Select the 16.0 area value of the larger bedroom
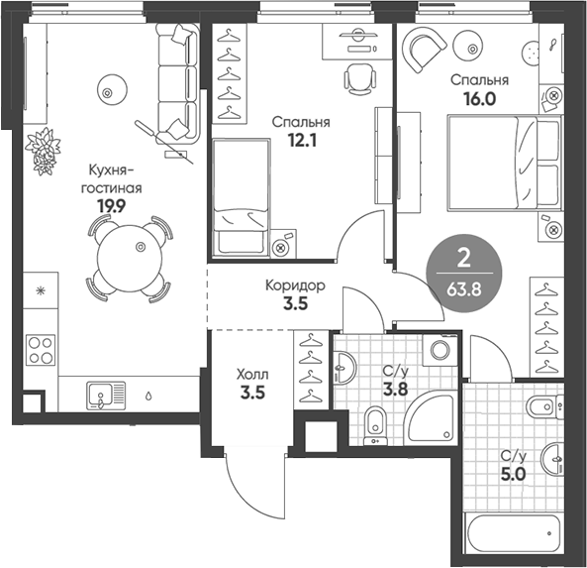478,99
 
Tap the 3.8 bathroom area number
395,390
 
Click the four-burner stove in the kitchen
42,348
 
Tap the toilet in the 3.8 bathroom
373,423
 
